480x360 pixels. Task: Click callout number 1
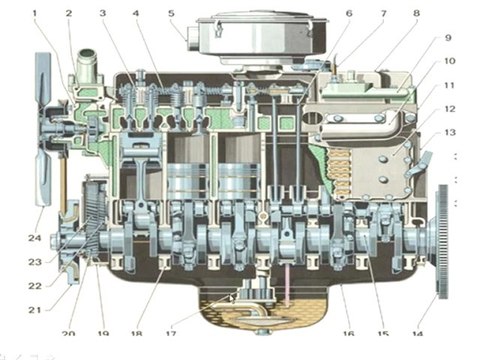(x=36, y=12)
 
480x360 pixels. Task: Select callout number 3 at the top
(x=102, y=13)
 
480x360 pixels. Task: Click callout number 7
(x=354, y=13)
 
